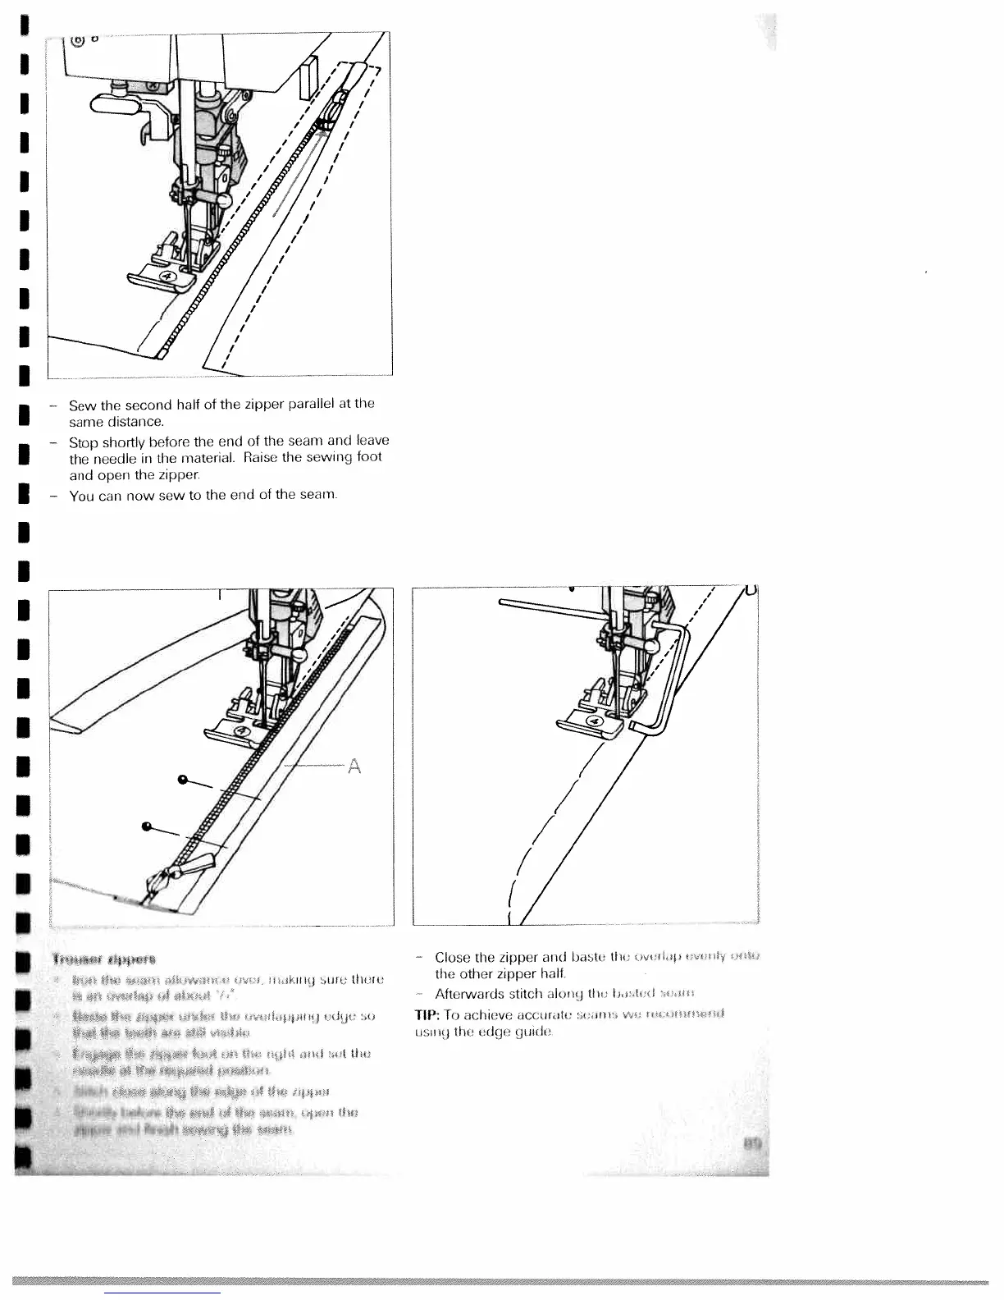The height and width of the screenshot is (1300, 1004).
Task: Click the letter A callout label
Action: coord(354,766)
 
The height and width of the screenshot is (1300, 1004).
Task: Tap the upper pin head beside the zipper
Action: coord(181,778)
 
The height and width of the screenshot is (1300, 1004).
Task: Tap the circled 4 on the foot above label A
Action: coord(242,732)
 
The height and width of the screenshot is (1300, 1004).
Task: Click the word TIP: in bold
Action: coord(429,1014)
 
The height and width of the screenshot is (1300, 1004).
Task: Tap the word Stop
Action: coord(83,442)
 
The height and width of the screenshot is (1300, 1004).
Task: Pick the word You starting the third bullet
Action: coord(81,496)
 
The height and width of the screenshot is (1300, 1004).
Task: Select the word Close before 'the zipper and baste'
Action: coord(453,957)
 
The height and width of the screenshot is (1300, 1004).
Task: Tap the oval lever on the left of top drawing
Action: coord(115,103)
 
